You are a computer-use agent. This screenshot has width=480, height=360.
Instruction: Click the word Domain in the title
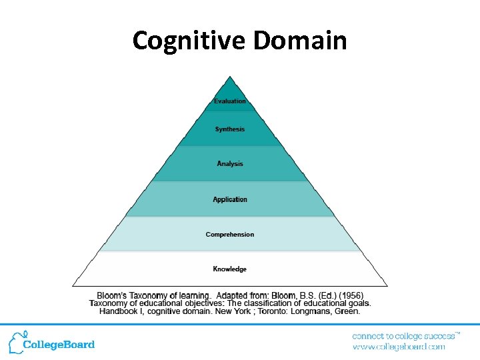pyautogui.click(x=300, y=41)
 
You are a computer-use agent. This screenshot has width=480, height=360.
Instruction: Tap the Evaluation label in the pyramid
pyautogui.click(x=230, y=101)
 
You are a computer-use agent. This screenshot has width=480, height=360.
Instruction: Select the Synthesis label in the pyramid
pyautogui.click(x=230, y=129)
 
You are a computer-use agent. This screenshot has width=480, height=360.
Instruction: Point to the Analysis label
pyautogui.click(x=230, y=164)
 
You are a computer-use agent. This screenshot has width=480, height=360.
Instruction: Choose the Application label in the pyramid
pyautogui.click(x=230, y=199)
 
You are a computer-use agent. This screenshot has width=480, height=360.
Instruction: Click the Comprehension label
pyautogui.click(x=230, y=235)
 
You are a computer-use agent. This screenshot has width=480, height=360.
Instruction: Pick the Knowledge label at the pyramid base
pyautogui.click(x=230, y=269)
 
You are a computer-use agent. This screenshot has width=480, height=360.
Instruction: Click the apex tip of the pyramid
pyautogui.click(x=230, y=77)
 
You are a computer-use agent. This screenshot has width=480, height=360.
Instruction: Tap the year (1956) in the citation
pyautogui.click(x=351, y=295)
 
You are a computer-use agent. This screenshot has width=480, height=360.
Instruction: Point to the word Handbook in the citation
pyautogui.click(x=120, y=311)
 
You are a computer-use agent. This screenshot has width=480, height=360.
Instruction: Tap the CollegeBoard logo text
pyautogui.click(x=59, y=345)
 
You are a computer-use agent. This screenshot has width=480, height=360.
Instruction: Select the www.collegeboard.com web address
pyautogui.click(x=398, y=347)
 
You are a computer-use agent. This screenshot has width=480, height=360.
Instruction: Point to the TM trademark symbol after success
pyautogui.click(x=458, y=332)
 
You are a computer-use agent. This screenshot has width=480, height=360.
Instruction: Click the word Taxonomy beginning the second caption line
pyautogui.click(x=109, y=303)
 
